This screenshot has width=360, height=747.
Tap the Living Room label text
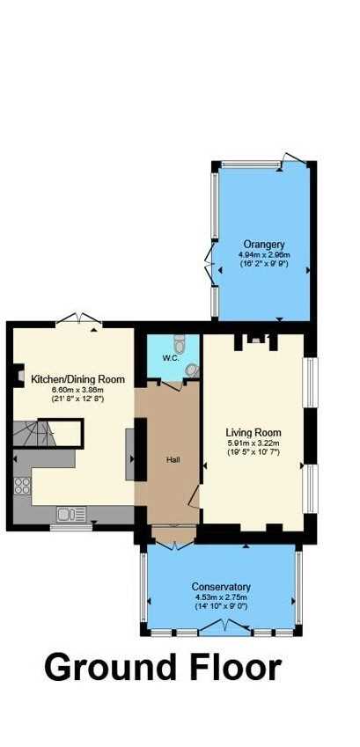click(x=253, y=433)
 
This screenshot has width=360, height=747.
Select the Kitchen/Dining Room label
click(x=77, y=379)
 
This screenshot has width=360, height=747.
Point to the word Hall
click(x=173, y=460)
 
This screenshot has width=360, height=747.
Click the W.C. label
click(x=170, y=358)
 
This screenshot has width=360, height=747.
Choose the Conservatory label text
click(x=221, y=587)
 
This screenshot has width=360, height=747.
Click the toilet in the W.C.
click(x=180, y=343)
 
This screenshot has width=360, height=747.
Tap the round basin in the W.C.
click(x=192, y=370)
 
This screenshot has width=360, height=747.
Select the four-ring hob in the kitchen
click(x=22, y=486)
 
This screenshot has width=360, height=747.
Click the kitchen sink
click(x=71, y=514)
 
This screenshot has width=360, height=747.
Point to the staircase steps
click(x=33, y=433)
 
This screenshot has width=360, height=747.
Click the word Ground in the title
click(x=110, y=668)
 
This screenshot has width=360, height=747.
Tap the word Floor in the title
click(x=234, y=668)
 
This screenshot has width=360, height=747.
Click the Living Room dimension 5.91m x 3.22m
click(x=253, y=443)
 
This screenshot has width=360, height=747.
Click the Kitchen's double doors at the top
click(x=79, y=319)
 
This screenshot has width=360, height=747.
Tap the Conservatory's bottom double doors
click(x=224, y=627)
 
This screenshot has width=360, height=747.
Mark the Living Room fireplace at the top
click(x=256, y=341)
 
